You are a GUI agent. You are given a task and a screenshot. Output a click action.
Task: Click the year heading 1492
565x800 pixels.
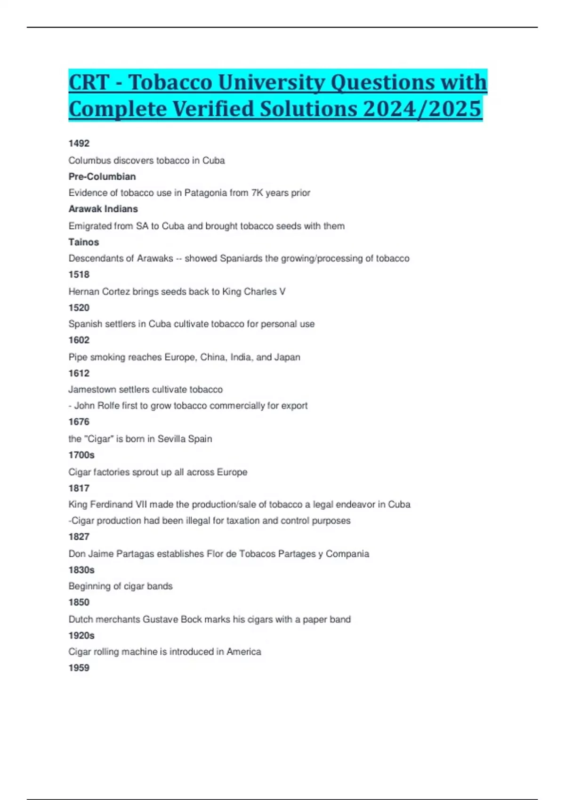click(79, 144)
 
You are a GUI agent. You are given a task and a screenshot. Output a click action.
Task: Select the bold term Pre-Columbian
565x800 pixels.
click(102, 176)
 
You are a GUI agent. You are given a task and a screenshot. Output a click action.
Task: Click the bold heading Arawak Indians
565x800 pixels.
click(103, 209)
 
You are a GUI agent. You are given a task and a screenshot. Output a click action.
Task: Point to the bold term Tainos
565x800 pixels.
click(84, 242)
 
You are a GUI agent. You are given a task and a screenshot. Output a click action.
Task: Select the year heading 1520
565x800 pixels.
click(79, 308)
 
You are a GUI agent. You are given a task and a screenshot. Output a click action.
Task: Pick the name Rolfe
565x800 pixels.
click(108, 406)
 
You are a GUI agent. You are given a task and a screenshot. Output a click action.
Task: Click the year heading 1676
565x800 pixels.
click(79, 422)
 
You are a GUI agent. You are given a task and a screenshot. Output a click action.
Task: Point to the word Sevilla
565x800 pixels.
click(171, 439)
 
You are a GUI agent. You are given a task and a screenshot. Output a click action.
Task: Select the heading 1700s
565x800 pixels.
click(81, 455)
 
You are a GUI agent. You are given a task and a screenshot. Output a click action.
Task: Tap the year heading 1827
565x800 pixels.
click(79, 537)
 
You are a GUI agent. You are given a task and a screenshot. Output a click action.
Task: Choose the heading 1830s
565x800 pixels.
click(81, 570)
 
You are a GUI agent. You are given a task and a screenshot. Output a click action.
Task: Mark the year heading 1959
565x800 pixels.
click(79, 668)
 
